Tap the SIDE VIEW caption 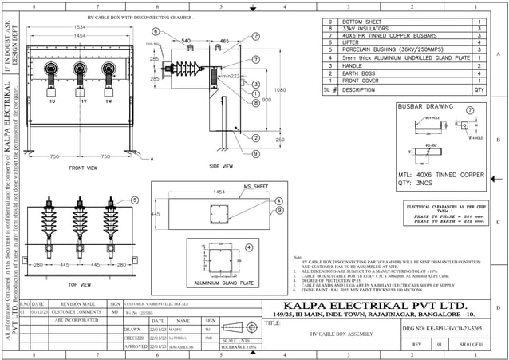[220, 166]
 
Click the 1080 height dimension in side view [278, 90]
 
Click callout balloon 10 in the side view [255, 37]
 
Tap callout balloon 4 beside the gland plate [250, 248]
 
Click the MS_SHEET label [257, 185]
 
